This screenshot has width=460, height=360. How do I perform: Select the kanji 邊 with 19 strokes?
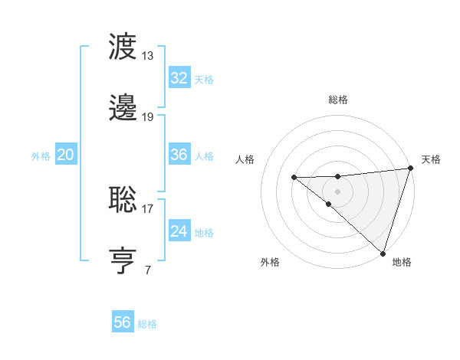point(123,107)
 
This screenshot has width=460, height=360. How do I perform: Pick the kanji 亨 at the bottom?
point(123,260)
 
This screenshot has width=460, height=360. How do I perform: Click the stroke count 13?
point(148,55)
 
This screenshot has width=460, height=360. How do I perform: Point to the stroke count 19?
point(148,116)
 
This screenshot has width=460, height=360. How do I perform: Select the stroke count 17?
point(148,208)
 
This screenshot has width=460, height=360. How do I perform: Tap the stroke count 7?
point(147,269)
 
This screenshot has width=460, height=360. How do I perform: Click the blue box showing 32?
point(179,78)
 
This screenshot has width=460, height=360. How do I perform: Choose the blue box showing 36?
point(179,155)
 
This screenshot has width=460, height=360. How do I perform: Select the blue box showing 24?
point(179,231)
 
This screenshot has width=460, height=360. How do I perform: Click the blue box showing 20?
point(65,155)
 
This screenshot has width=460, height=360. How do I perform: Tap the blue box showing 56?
point(122,322)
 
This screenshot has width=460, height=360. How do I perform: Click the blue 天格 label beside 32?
point(204,80)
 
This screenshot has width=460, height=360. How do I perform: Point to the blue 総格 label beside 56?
point(147,324)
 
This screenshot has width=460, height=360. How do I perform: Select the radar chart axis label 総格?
point(337,100)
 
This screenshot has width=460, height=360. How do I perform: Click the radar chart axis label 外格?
point(270,262)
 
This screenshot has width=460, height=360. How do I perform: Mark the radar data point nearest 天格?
point(411,169)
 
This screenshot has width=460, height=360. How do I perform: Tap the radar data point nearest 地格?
point(382,253)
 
